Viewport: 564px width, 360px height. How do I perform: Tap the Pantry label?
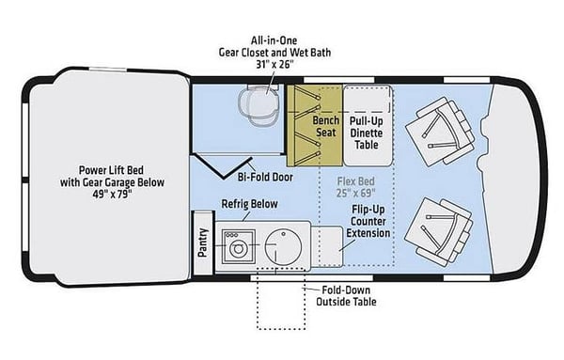tap(203, 243)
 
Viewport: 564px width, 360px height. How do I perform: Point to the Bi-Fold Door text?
tap(265, 177)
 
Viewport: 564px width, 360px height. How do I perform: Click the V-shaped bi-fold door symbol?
tap(224, 166)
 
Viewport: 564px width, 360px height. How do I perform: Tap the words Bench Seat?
tap(326, 126)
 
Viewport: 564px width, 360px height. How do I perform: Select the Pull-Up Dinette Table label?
tap(367, 133)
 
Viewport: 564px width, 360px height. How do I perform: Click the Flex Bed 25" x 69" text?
tap(355, 187)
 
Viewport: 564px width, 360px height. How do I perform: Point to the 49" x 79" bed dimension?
tap(112, 195)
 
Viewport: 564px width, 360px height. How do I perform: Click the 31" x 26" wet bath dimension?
tap(275, 65)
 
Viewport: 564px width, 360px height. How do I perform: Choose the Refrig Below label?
tap(250, 204)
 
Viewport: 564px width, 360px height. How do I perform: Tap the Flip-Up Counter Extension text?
tap(368, 221)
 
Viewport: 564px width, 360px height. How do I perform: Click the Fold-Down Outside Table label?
tap(346, 296)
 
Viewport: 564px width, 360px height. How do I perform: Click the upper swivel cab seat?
tap(440, 132)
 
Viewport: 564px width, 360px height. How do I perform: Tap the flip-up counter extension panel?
tap(327, 246)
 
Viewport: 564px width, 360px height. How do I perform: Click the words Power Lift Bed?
tap(111, 170)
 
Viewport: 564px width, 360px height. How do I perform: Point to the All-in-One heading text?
tap(274, 40)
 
